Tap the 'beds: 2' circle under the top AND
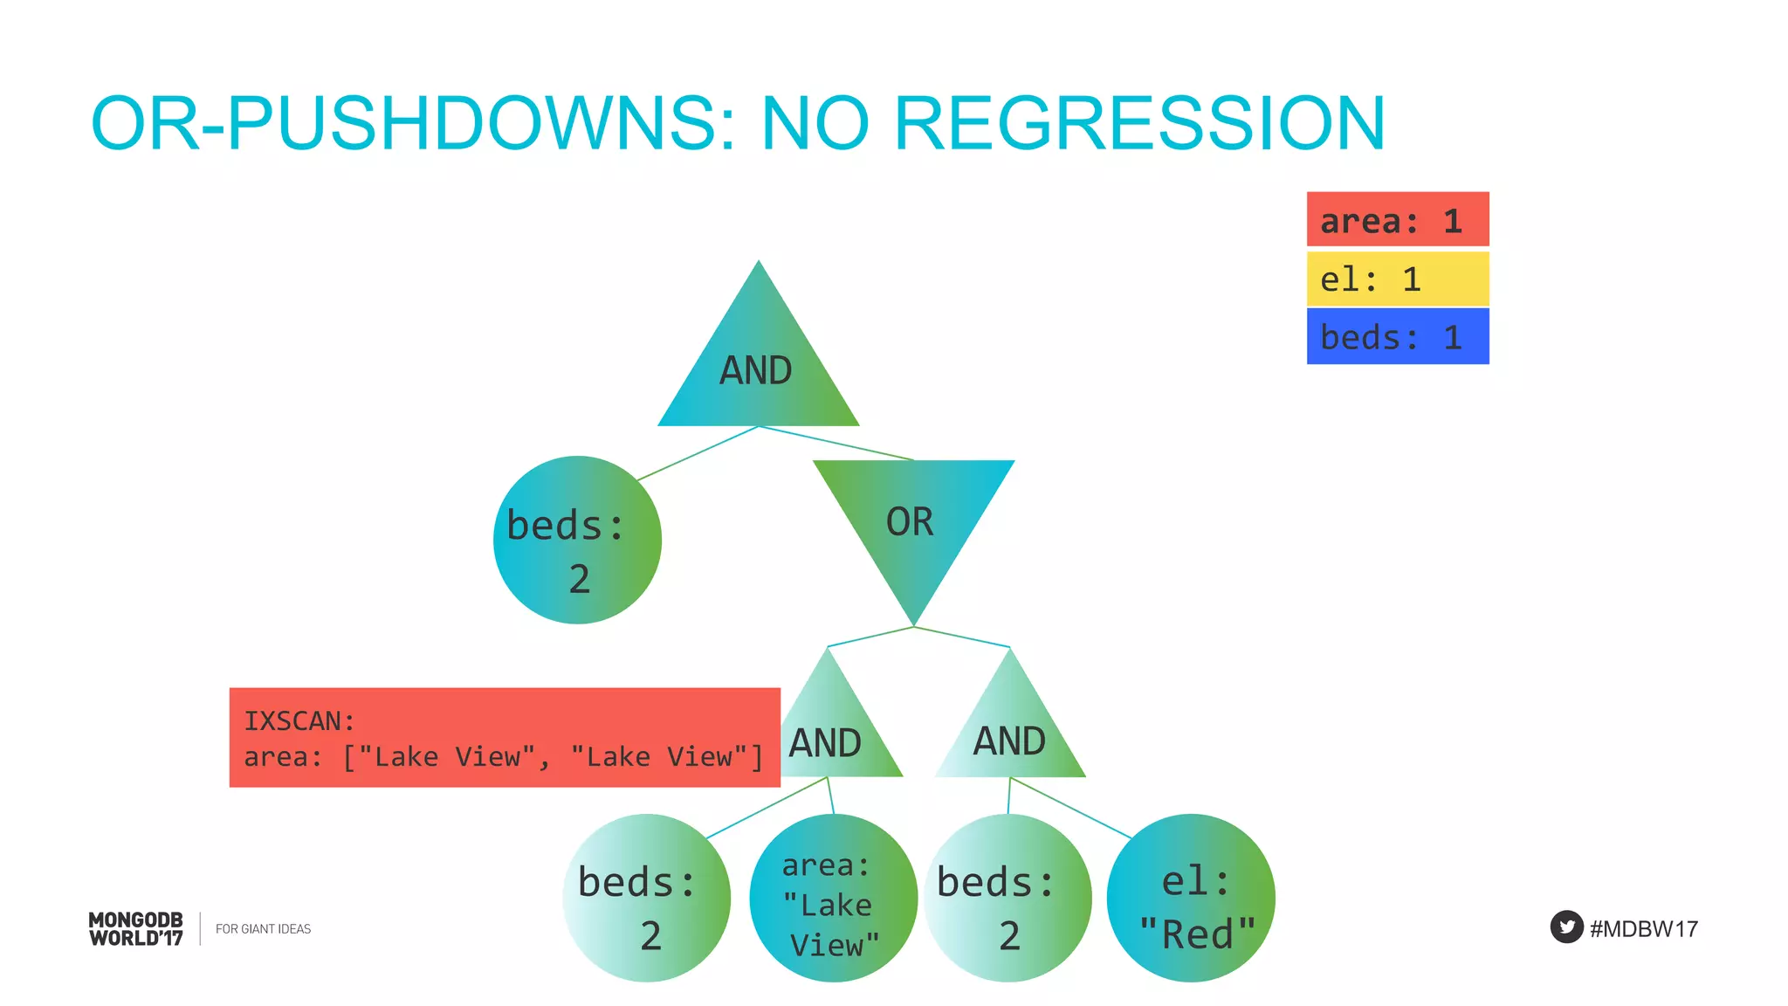[x=577, y=540]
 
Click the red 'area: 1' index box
[x=1397, y=220]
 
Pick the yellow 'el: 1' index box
[x=1397, y=279]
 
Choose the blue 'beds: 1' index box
[x=1397, y=337]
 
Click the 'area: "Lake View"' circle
[x=833, y=899]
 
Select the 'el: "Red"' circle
[x=1191, y=899]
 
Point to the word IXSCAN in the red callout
[x=299, y=721]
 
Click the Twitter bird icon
[x=1566, y=927]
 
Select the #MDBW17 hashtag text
[x=1644, y=929]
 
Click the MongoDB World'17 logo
[x=136, y=929]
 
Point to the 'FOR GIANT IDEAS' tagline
[x=263, y=929]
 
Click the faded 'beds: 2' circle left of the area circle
[x=646, y=899]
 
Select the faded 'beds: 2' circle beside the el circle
[x=1007, y=899]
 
